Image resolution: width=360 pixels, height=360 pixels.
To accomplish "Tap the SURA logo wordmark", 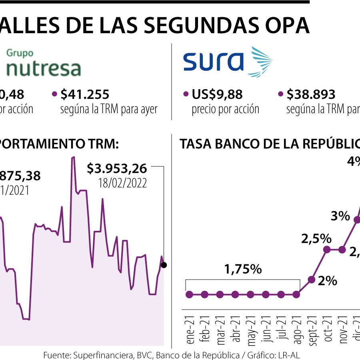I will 213,62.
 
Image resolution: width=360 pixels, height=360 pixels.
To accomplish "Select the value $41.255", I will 85,94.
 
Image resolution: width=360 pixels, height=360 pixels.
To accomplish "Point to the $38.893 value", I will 311,94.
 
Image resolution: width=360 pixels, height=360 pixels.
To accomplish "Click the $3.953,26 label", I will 117,168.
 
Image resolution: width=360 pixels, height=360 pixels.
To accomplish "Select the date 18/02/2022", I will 122,183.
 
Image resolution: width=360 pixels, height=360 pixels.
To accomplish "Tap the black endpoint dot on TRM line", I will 163,265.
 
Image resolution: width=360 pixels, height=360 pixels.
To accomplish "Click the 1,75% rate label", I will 243,269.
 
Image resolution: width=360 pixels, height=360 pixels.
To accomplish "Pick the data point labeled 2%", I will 312,279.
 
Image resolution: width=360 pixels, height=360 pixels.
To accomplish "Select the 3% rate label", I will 340,216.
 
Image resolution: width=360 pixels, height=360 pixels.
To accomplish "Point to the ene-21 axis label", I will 190,328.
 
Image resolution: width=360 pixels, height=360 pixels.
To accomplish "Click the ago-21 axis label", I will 296,328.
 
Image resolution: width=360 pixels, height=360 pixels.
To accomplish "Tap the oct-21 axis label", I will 327,329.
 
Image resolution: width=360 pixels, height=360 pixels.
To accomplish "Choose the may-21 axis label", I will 251,328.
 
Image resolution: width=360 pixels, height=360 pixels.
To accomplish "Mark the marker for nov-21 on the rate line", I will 342,250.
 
